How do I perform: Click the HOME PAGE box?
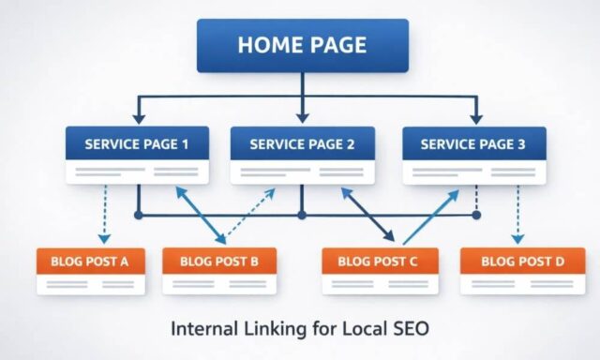(302, 45)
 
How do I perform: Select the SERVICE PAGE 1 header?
(137, 144)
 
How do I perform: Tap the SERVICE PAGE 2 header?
(302, 144)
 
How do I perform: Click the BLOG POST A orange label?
(90, 262)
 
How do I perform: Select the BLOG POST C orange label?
(378, 262)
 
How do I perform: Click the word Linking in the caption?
(271, 330)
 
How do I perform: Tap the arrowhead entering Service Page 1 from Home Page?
(137, 118)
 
